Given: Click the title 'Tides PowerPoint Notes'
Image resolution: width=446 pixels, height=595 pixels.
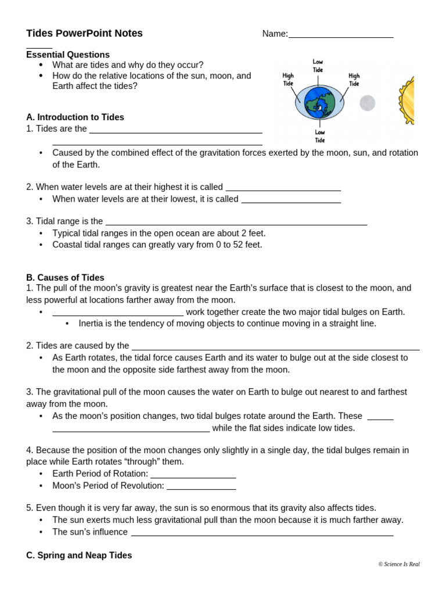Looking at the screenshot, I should [84, 33].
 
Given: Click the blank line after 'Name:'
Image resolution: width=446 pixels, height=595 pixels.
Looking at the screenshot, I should [341, 35].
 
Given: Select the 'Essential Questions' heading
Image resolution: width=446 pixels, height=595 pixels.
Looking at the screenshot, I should [68, 55].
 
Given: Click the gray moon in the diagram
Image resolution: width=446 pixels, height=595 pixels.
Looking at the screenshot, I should [367, 103].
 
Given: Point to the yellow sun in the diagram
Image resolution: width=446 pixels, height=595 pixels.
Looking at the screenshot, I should [407, 100].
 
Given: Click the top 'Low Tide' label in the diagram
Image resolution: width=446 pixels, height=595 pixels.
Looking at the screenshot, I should [318, 66].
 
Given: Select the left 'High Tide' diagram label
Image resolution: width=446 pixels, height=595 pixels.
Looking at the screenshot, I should [288, 80].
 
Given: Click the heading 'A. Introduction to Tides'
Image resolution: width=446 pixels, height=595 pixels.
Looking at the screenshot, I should [75, 117].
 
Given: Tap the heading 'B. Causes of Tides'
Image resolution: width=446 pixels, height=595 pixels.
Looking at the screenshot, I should [65, 278].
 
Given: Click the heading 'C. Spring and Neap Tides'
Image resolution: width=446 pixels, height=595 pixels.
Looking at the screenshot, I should [79, 555].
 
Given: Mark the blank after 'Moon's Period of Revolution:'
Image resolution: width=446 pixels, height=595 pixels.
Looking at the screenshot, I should [201, 486].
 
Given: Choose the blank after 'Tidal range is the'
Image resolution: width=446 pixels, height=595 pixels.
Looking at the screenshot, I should [236, 222].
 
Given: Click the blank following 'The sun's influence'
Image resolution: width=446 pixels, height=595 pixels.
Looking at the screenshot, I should [262, 533].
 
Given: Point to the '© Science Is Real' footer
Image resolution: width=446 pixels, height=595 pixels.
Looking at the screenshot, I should [398, 564].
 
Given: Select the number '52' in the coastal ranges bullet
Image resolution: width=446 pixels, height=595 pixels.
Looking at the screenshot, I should [238, 245].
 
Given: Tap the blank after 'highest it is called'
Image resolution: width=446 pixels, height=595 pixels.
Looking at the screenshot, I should [283, 188].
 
